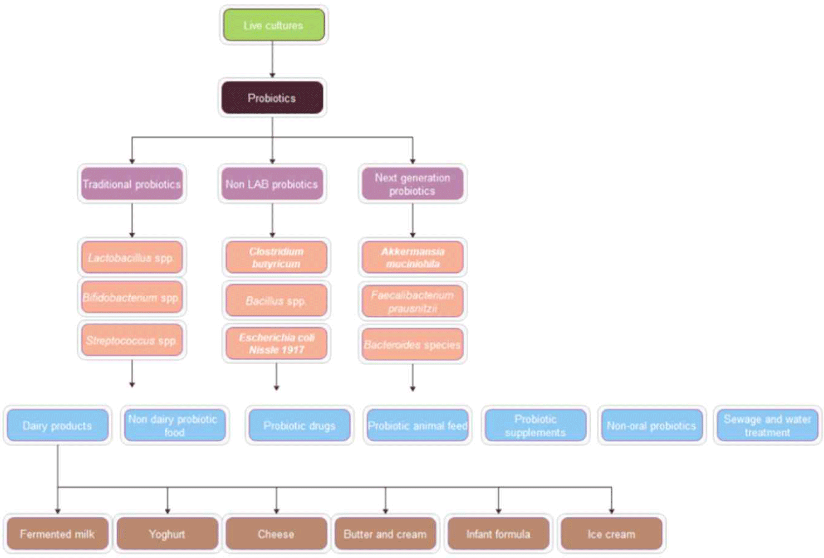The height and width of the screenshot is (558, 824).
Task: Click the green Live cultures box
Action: [x=274, y=25]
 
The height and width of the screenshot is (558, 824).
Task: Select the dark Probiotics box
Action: [x=272, y=98]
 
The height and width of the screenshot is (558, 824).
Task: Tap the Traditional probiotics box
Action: [x=132, y=184]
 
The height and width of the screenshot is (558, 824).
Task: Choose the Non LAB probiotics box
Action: [x=272, y=184]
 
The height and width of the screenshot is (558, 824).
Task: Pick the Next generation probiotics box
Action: [x=413, y=184]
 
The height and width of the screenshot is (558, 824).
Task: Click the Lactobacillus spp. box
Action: [x=132, y=257]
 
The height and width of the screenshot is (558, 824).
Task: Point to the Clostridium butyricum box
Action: [x=276, y=257]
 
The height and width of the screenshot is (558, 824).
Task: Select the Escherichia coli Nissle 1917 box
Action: [x=276, y=343]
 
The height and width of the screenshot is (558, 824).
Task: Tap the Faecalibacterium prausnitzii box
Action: [x=413, y=301]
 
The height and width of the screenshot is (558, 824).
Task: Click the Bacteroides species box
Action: [x=413, y=344]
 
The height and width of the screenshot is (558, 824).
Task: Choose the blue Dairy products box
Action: [x=57, y=425]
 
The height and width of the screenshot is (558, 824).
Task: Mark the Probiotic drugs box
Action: [x=300, y=425]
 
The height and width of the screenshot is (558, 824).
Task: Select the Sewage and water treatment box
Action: [x=767, y=425]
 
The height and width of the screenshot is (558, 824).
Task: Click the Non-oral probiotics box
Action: [x=651, y=425]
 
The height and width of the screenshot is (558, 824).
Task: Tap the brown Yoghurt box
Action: [x=168, y=533]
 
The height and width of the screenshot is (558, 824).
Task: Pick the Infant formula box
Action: [x=498, y=533]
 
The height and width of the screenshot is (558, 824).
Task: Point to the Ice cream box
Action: [x=611, y=533]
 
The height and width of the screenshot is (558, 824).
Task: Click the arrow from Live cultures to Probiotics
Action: [x=272, y=59]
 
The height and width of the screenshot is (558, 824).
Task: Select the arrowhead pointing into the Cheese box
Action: [x=276, y=511]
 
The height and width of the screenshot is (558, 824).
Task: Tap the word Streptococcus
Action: [x=120, y=341]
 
